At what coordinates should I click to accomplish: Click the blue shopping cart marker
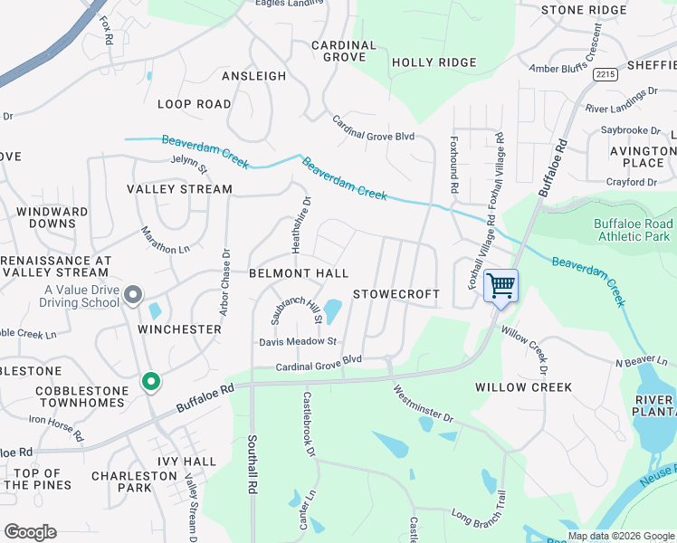(501, 286)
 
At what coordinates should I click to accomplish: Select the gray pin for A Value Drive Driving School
(133, 294)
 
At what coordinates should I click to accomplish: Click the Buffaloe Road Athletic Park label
(634, 230)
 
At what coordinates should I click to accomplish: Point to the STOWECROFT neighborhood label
(396, 294)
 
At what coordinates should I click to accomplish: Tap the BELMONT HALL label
(299, 273)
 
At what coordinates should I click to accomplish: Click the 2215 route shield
(605, 75)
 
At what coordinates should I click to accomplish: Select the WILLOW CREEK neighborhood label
(523, 387)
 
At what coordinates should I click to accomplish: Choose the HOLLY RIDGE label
(434, 62)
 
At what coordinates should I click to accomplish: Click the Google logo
(30, 532)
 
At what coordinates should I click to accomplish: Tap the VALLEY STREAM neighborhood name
(179, 189)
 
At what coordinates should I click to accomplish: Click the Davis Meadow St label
(298, 341)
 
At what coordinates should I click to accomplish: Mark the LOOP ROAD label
(195, 104)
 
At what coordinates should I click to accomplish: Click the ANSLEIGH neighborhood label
(253, 77)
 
